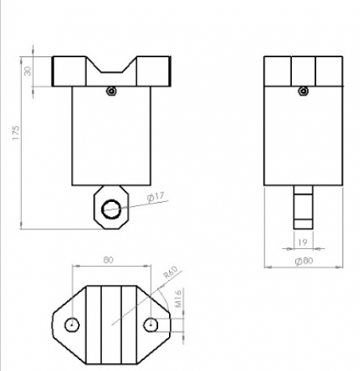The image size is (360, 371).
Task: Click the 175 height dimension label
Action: point(16,133)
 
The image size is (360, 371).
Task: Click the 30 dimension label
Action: point(27,71)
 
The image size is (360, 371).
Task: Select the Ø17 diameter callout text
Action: point(156,197)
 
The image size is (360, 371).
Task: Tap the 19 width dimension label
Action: point(302,243)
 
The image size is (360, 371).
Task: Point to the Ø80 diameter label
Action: point(304,261)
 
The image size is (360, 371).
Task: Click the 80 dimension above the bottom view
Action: point(109,260)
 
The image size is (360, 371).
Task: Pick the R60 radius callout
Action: point(170,272)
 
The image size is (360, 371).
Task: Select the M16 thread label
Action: point(178,299)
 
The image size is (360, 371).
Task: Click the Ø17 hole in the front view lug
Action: point(111,209)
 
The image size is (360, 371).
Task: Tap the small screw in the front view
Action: point(111,91)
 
